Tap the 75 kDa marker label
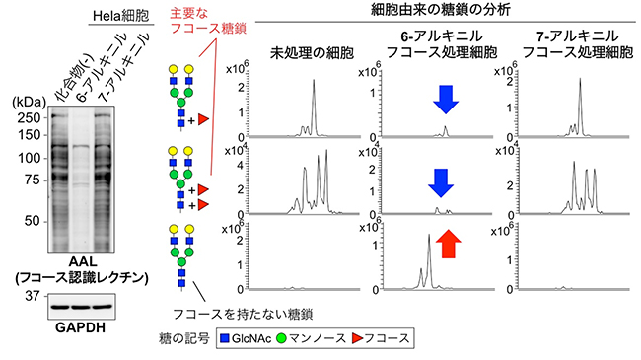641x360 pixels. click(x=30, y=180)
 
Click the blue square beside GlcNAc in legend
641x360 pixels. click(x=223, y=337)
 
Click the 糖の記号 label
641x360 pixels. click(x=190, y=337)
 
